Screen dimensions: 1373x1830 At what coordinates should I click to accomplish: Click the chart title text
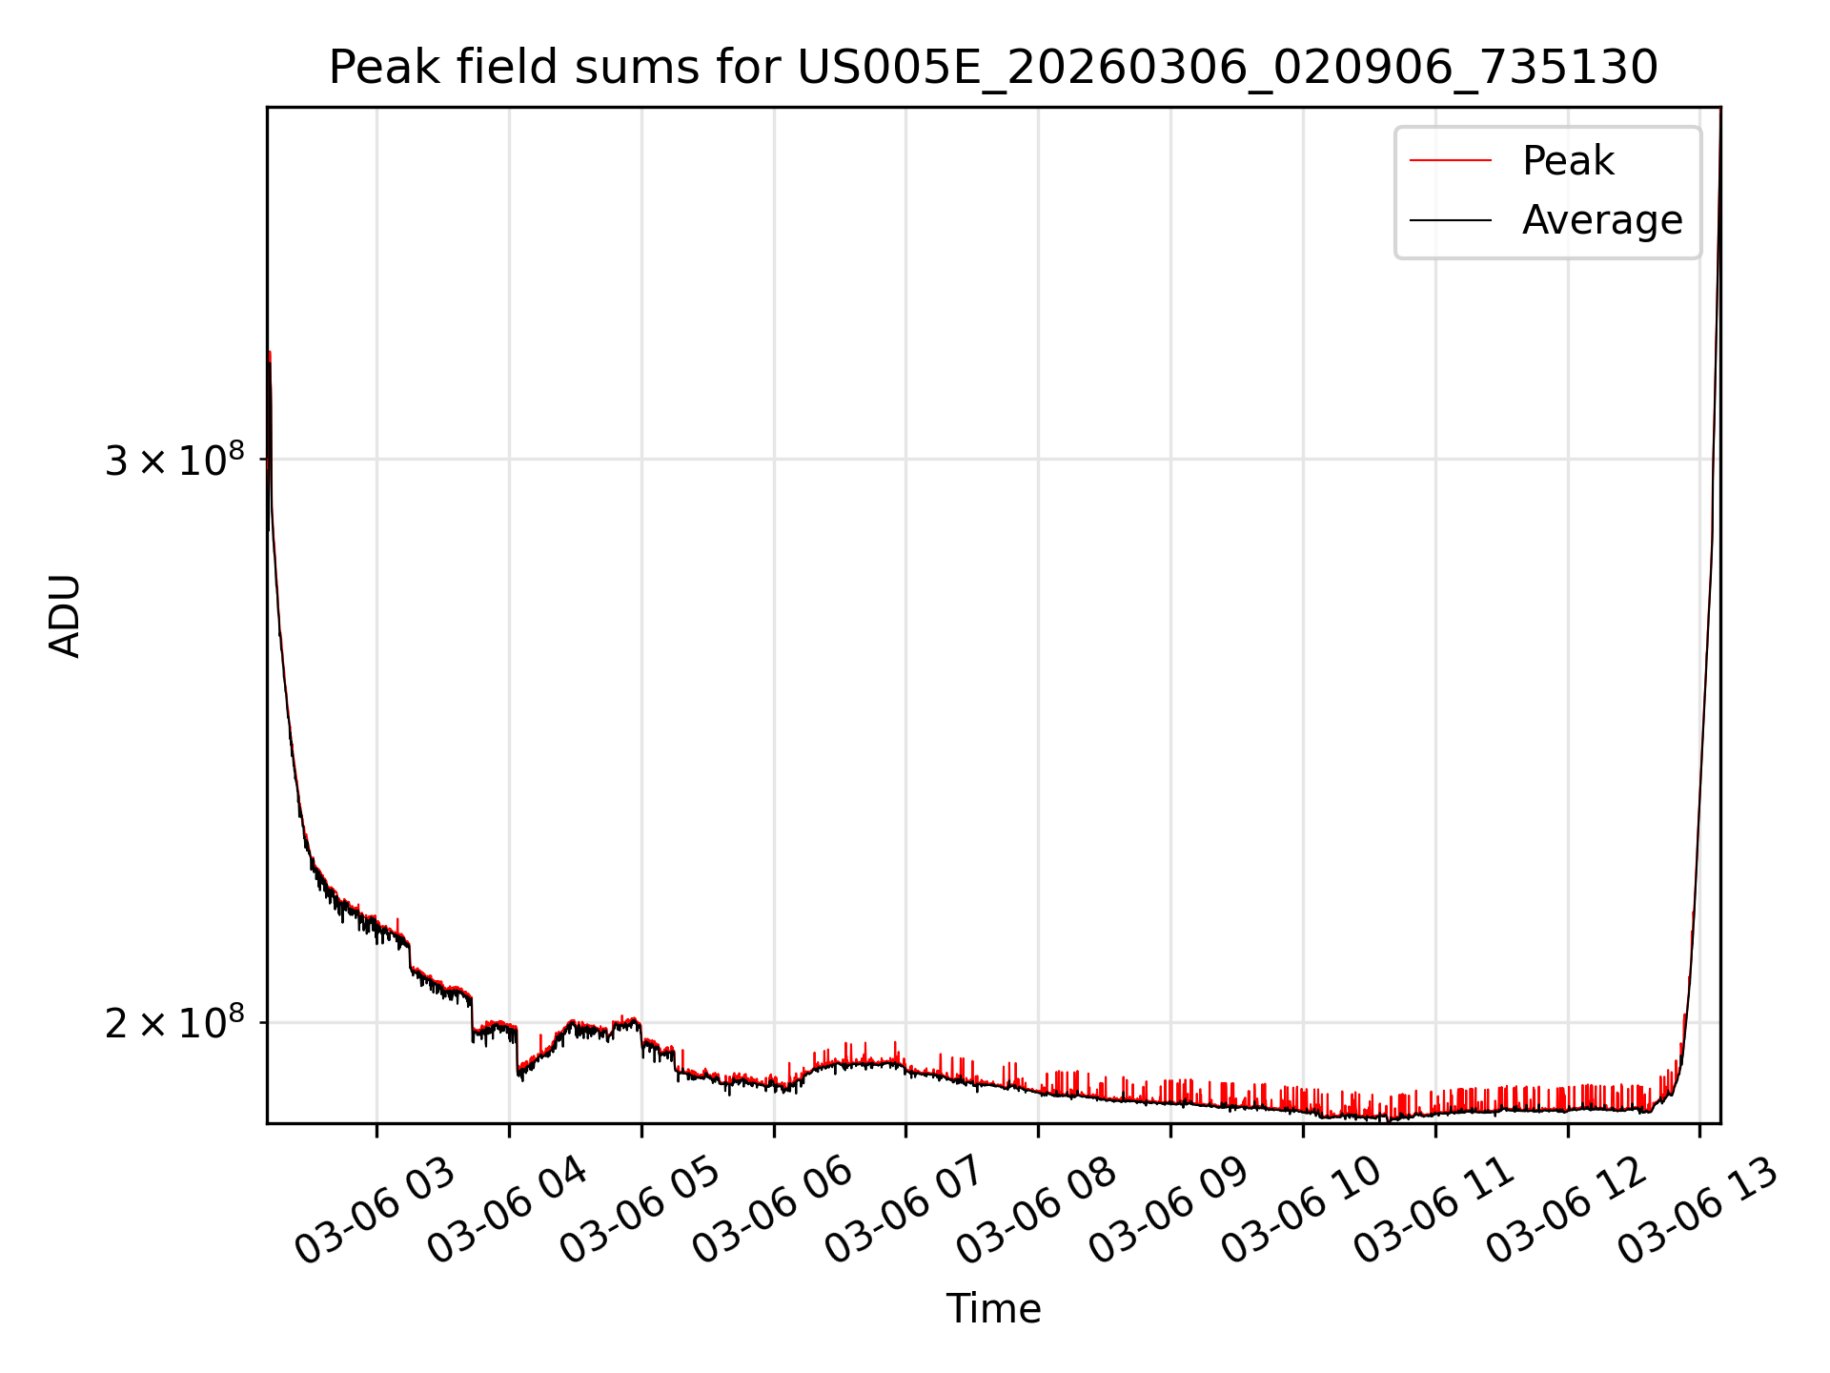pos(993,68)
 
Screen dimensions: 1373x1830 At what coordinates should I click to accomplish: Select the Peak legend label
pos(1568,161)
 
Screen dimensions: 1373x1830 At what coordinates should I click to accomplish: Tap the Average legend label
pos(1601,220)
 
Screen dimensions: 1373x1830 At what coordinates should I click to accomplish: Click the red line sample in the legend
pos(1450,161)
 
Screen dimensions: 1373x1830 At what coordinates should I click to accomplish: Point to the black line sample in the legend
pos(1450,220)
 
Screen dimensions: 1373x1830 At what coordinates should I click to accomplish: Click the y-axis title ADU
pos(65,616)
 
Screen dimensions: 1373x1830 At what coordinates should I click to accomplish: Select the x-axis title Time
pos(993,1308)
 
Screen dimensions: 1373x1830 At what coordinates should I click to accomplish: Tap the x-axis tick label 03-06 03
pos(375,1212)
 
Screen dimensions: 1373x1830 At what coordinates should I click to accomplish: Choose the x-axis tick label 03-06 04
pos(507,1212)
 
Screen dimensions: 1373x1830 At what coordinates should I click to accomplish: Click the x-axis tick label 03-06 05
pos(640,1212)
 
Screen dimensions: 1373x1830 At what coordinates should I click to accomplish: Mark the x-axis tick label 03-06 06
pos(772,1212)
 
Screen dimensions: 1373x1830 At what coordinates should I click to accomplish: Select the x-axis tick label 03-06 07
pos(904,1212)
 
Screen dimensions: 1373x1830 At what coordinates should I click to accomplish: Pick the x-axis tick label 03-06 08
pos(1036,1212)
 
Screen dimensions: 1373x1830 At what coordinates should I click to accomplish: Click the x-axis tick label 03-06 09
pos(1169,1212)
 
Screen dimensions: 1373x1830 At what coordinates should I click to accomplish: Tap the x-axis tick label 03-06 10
pos(1301,1212)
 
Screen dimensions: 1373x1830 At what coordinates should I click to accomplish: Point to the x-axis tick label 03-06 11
pos(1433,1212)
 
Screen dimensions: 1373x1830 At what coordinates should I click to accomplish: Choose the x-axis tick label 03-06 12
pos(1566,1212)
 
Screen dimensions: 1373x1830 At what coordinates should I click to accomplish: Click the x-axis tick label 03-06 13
pos(1698,1212)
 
